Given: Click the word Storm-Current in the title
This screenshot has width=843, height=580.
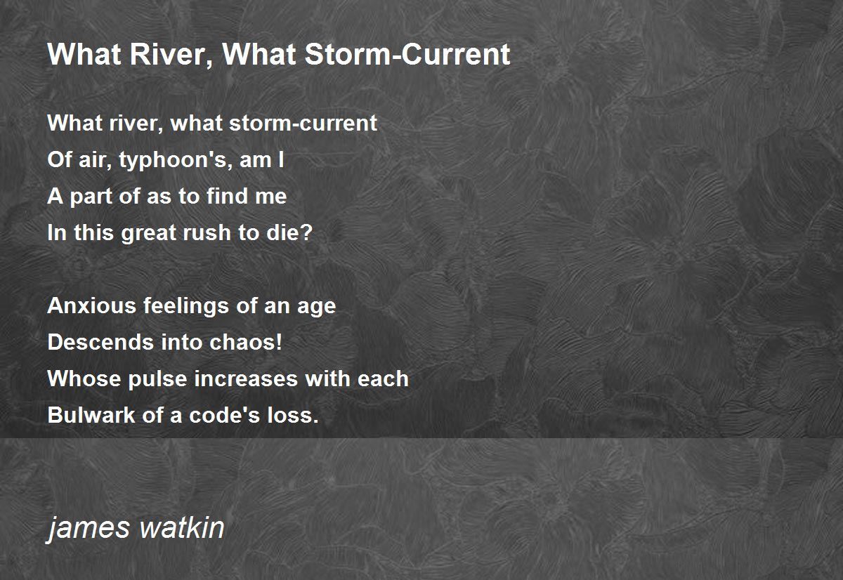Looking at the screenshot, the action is click(x=407, y=54).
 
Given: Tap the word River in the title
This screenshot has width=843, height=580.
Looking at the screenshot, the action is click(x=171, y=55).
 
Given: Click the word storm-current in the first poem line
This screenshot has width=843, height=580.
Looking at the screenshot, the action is click(x=303, y=123).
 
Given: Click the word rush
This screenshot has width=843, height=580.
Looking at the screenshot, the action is click(x=207, y=232).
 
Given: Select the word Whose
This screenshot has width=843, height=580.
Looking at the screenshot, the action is click(x=84, y=378).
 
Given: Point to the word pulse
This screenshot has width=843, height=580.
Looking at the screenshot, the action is click(x=157, y=379).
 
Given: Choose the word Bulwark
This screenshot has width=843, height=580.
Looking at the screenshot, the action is click(x=91, y=415).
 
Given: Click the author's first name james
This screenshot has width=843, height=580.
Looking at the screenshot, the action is click(x=89, y=528).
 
